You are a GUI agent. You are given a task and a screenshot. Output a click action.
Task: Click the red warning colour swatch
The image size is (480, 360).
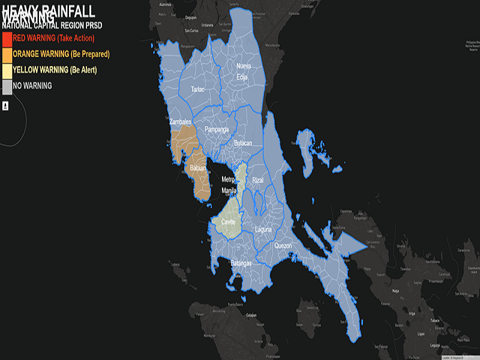[x=7, y=40]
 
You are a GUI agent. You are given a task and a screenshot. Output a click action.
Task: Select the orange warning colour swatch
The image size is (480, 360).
[x=7, y=55]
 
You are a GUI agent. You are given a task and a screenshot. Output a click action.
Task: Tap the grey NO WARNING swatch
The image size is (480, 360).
[x=7, y=87]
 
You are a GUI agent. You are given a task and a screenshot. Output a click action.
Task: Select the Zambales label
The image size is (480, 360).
[x=181, y=122]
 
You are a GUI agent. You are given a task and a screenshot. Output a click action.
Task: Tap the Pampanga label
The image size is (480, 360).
[x=217, y=129]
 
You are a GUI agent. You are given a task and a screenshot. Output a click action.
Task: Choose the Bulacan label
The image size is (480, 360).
[x=243, y=143]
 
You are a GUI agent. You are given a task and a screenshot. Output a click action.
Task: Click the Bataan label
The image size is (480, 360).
[x=199, y=169]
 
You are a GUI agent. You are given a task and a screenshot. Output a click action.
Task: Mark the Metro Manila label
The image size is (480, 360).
[x=229, y=185]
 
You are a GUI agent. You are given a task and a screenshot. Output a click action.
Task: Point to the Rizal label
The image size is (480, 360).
[x=258, y=180]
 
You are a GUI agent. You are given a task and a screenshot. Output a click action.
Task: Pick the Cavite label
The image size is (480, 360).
[x=228, y=221]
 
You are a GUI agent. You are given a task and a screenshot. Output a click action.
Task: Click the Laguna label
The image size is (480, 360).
[x=263, y=229]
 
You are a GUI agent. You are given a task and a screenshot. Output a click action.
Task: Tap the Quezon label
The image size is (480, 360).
[x=283, y=246]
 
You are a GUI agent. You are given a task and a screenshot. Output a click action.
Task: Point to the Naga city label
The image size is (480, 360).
[x=395, y=290]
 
